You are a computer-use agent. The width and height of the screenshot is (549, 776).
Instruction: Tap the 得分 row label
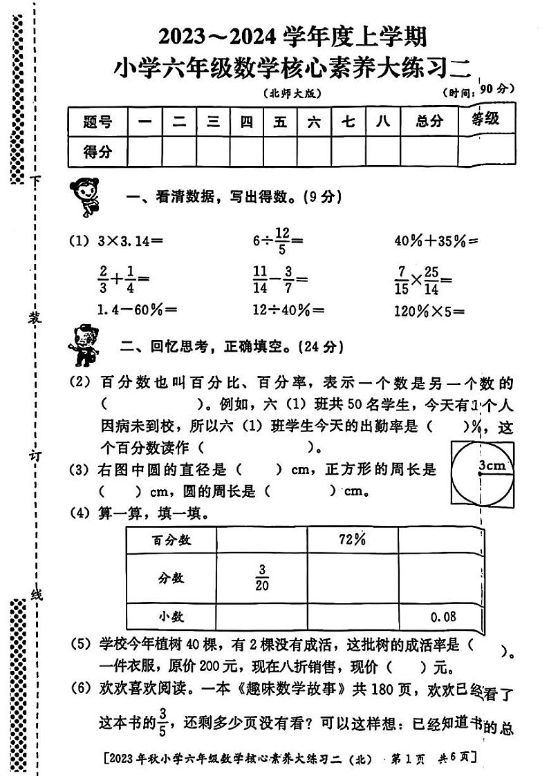click(x=97, y=152)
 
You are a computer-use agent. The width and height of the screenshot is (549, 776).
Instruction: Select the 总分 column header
click(x=429, y=122)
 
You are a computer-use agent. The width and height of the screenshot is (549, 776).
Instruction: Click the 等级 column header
click(x=485, y=120)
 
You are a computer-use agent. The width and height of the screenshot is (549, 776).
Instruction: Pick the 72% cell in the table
click(x=352, y=540)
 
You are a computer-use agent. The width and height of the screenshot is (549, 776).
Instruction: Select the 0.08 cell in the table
click(x=443, y=616)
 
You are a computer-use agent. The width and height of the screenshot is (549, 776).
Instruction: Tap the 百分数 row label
click(x=171, y=540)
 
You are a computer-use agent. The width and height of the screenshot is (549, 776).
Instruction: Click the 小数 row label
click(x=171, y=616)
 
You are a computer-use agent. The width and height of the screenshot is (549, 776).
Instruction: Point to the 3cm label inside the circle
click(x=492, y=465)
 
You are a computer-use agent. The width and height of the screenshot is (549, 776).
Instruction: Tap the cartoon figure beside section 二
click(x=84, y=343)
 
